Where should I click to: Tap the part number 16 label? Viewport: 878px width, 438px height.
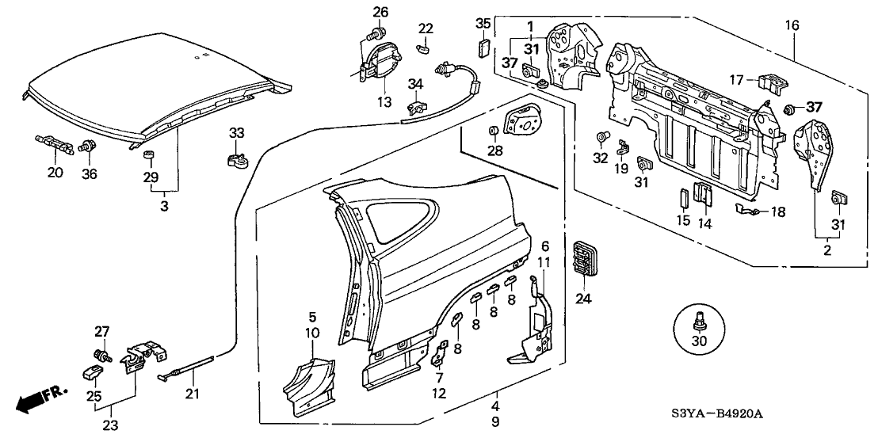(x=792, y=26)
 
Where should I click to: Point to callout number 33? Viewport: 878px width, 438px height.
(x=236, y=131)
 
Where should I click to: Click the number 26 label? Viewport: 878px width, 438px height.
(x=381, y=11)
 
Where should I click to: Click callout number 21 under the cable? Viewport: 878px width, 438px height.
(x=190, y=394)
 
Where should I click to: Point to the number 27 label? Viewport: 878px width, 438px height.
(x=101, y=331)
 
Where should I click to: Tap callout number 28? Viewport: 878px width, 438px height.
(x=495, y=150)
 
